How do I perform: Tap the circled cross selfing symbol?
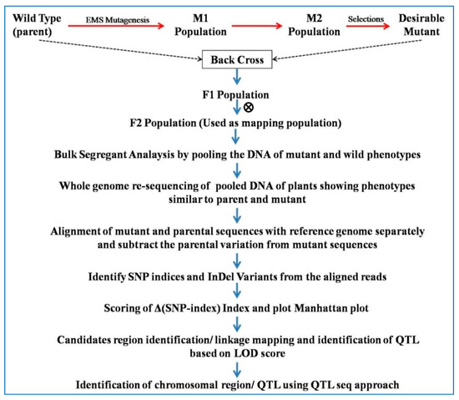[x=248, y=108]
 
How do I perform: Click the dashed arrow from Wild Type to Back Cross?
[x=117, y=50]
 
